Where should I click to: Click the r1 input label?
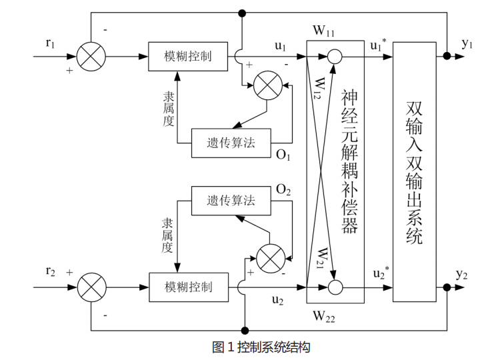(51, 43)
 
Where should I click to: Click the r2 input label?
(51, 271)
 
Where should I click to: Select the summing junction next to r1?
(91, 56)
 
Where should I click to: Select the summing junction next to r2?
(91, 287)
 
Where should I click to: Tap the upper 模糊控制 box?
(188, 56)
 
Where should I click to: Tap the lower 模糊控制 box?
(189, 287)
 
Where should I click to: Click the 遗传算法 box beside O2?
(231, 201)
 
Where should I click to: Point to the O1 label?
(283, 156)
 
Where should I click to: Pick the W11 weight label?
(324, 31)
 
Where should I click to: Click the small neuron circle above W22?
(334, 287)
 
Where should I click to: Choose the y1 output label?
(467, 43)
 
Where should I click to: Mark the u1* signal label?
(378, 45)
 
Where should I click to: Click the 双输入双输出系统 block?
(414, 171)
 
